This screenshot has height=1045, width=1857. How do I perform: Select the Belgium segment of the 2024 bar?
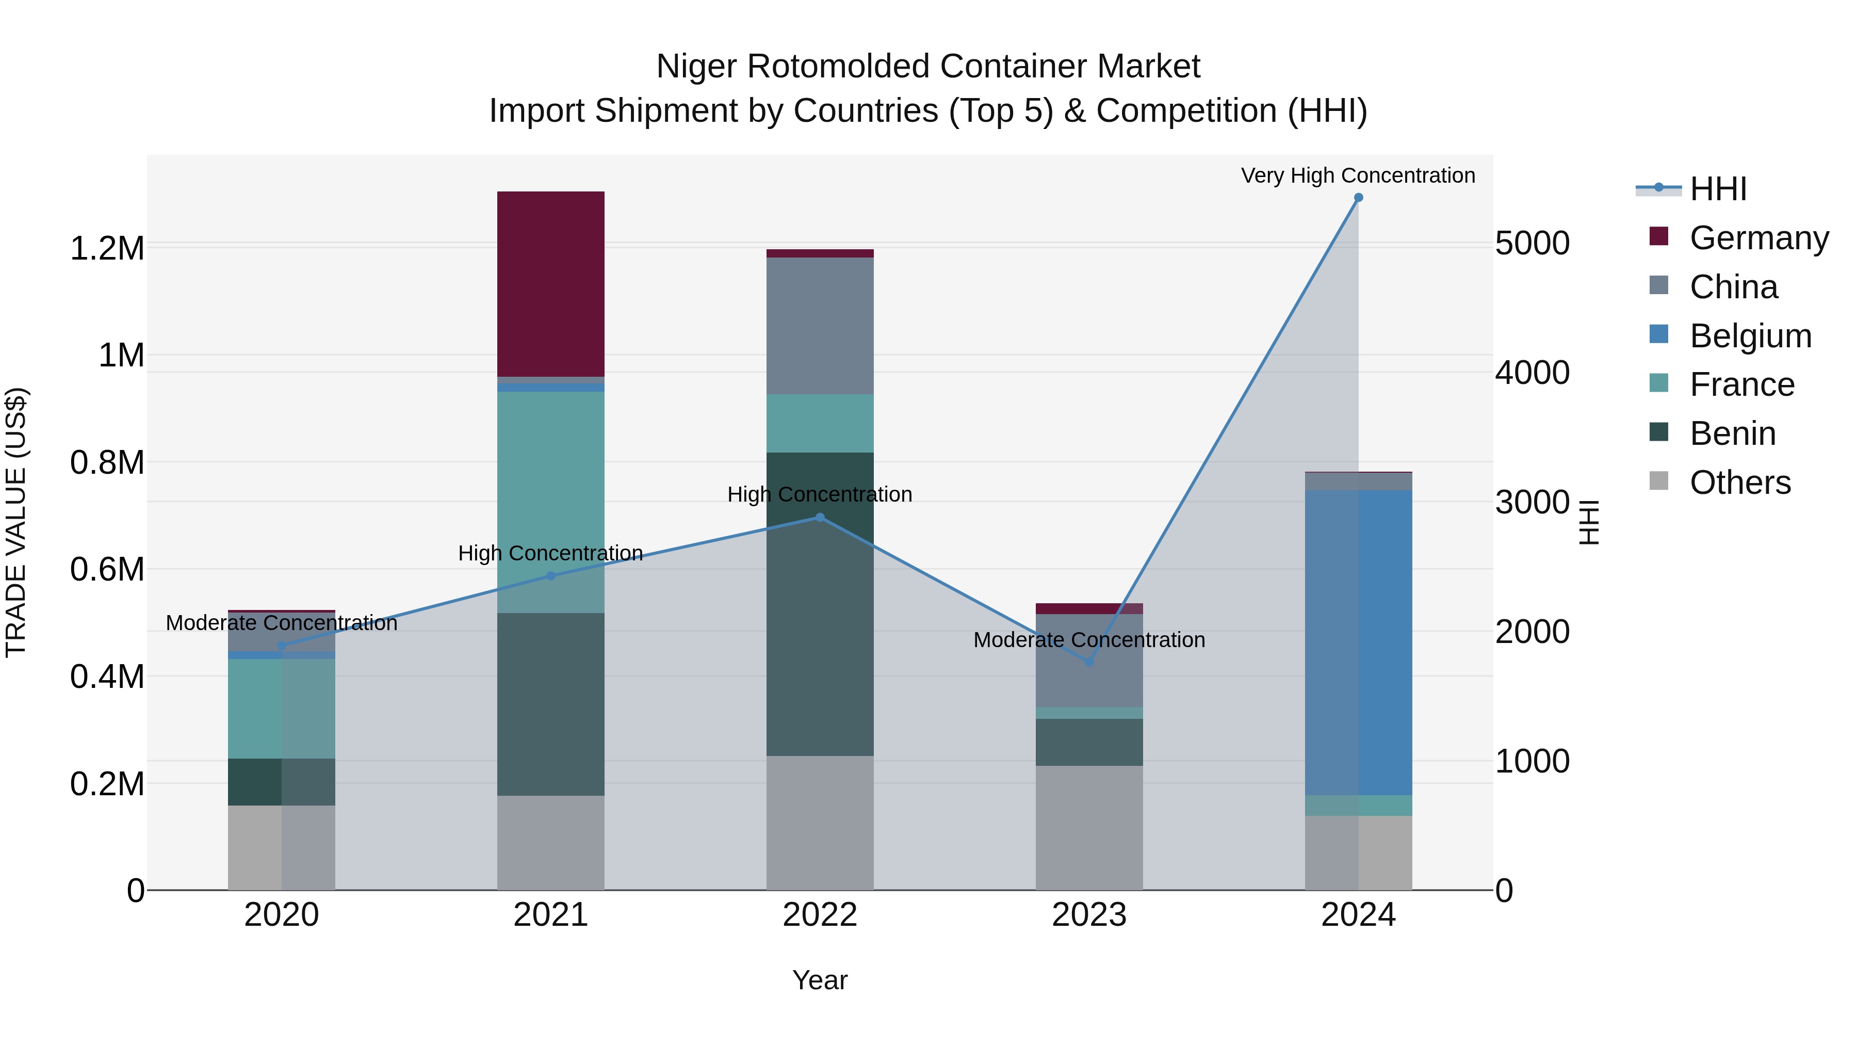(1358, 642)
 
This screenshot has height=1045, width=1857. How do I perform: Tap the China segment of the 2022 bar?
(820, 325)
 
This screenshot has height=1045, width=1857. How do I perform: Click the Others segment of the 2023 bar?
(1089, 827)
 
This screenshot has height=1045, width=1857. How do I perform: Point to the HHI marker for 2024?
(1358, 198)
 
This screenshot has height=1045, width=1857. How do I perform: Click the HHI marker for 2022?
(820, 518)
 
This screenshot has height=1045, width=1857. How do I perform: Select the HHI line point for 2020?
(282, 646)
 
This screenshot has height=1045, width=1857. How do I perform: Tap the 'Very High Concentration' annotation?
(1358, 175)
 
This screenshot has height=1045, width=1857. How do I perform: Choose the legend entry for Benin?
(1732, 433)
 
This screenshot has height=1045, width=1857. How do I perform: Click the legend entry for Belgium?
(1750, 336)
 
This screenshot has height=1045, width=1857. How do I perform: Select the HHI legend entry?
(1717, 189)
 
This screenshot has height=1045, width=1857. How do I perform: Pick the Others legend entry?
(1739, 483)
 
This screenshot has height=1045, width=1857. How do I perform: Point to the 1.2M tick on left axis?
(107, 249)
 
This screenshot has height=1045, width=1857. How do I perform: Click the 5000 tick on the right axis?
(1532, 243)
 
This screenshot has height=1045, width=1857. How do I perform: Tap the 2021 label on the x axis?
(551, 915)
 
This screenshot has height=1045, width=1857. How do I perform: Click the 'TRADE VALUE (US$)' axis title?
(16, 522)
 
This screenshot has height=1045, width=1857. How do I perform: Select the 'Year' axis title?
(820, 980)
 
